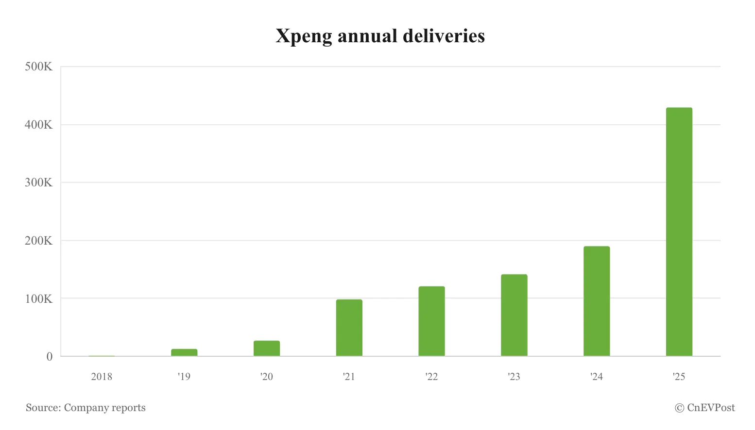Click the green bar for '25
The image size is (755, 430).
coord(679,232)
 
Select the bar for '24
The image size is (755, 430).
coord(596,301)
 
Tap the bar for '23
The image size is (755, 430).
coord(514,315)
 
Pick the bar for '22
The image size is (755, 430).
coord(431,321)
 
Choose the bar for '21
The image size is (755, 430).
coord(349,328)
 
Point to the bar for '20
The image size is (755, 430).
coord(267,348)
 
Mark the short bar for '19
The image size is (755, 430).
coord(184,352)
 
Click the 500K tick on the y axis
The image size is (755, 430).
coord(38,67)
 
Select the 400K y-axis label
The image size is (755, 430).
coord(38,125)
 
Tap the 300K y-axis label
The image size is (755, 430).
coord(38,182)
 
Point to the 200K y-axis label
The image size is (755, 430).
coord(38,241)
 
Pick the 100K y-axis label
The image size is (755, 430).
coord(38,298)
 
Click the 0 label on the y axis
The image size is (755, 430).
coord(49,357)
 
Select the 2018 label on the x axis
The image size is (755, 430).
coord(102,377)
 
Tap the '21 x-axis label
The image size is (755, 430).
coord(349,377)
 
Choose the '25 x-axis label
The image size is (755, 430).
coord(679,377)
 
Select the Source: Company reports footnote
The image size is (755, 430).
coord(86,408)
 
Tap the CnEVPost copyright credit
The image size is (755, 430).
coord(705,408)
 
